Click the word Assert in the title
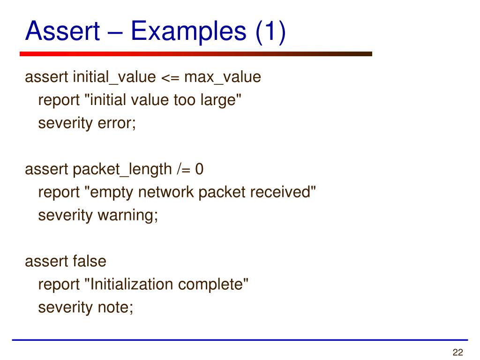point(62,31)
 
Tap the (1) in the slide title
point(270,31)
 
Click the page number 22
point(457,352)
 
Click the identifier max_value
point(222,77)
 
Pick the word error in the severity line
point(116,123)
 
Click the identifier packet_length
point(122,169)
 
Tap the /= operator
point(184,169)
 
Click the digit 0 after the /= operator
point(199,169)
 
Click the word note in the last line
point(115,307)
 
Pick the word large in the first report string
point(223,100)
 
